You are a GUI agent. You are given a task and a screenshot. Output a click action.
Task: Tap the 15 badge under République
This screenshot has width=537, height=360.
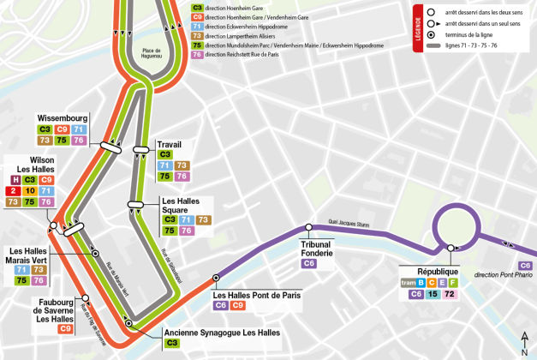(x=433, y=294)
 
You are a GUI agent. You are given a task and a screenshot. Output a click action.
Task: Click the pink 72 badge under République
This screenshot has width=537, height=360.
(x=450, y=294)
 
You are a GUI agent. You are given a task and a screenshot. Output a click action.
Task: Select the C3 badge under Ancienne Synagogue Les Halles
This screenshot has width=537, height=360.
(x=172, y=343)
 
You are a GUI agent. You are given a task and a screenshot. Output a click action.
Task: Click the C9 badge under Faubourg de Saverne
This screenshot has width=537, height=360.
(x=66, y=328)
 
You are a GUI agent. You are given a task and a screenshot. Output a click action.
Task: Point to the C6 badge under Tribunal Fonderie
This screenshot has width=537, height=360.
(x=309, y=263)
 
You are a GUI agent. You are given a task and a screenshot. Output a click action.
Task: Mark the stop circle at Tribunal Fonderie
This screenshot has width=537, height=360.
(x=309, y=227)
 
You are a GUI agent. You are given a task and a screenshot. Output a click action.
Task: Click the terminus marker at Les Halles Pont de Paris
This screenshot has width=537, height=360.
(x=216, y=278)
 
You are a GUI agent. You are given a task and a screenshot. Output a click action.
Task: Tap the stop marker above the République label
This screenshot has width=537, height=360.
(x=450, y=249)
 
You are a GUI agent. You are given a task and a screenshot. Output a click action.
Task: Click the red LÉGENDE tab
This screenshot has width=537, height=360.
(x=418, y=28)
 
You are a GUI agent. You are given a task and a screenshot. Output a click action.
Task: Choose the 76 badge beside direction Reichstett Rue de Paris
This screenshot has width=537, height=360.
(x=197, y=54)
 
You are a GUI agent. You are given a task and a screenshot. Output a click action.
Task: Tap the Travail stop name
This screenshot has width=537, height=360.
(x=169, y=144)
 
